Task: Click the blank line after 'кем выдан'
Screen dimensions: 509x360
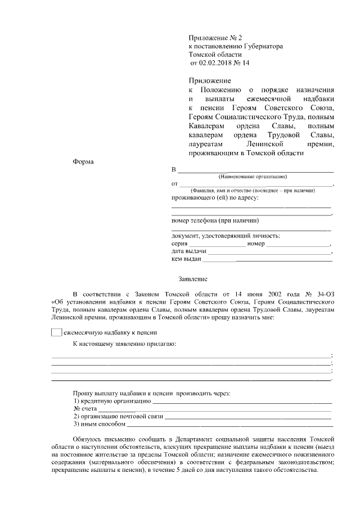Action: click(x=267, y=260)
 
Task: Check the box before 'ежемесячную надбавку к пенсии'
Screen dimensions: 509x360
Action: click(x=56, y=332)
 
